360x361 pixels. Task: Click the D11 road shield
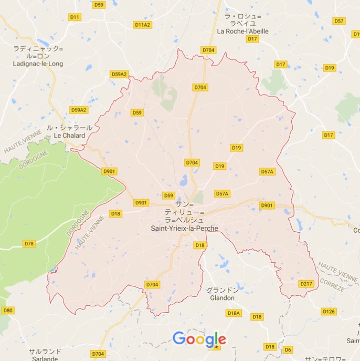click(x=75, y=17)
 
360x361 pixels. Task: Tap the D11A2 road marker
click(x=142, y=25)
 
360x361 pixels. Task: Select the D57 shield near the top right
click(x=339, y=20)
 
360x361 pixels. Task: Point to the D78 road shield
click(x=29, y=243)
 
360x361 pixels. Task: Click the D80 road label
click(x=7, y=310)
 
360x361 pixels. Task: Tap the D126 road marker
click(x=329, y=312)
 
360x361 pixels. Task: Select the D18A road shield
click(x=234, y=313)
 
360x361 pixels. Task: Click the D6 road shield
click(x=288, y=349)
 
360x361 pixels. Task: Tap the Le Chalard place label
click(x=69, y=136)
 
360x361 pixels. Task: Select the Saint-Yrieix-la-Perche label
click(x=184, y=229)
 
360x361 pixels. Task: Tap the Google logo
click(x=199, y=339)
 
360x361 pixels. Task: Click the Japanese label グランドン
click(x=222, y=290)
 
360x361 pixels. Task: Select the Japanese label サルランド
click(x=45, y=351)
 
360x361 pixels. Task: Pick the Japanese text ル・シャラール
click(x=69, y=128)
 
